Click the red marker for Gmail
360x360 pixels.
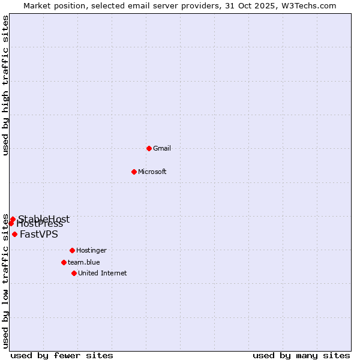click(149, 148)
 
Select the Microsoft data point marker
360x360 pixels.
click(134, 172)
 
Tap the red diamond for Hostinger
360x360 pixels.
click(72, 250)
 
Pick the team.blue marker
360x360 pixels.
click(64, 262)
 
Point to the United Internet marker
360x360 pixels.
click(74, 273)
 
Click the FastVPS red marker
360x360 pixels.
click(14, 234)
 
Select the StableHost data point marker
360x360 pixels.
click(13, 220)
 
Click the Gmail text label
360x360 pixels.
click(162, 148)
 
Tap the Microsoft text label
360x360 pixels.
click(152, 172)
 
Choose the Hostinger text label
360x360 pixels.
click(91, 250)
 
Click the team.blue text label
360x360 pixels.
click(83, 262)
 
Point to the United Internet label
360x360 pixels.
click(102, 273)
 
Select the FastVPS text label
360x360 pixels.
click(39, 235)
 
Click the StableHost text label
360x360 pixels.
click(44, 219)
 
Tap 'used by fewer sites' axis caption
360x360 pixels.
click(62, 355)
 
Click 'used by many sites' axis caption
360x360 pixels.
click(301, 355)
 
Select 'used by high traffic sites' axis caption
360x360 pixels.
click(5, 85)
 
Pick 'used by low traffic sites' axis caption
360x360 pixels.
click(5, 281)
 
